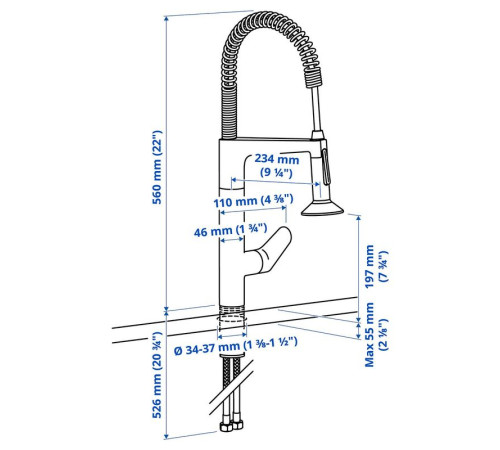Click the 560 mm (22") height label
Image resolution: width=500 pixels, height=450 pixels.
click(157, 167)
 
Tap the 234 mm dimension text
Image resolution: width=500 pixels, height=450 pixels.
click(277, 159)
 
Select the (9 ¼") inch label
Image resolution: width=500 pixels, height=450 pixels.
click(276, 173)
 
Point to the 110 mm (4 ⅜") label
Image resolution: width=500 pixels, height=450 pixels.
click(253, 201)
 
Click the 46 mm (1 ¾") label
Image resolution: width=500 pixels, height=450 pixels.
click(230, 230)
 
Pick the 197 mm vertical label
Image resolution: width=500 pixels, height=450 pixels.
click(369, 266)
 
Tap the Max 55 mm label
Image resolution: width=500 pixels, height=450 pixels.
click(369, 334)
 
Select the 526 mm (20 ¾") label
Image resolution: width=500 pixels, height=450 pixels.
click(157, 375)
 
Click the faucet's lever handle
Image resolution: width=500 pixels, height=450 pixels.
click(271, 252)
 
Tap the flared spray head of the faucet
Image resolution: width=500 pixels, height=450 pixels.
click(322, 208)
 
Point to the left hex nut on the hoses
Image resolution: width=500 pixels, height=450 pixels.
click(226, 426)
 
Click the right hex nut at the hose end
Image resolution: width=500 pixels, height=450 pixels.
click(237, 424)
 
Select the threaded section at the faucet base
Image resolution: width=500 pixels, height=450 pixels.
click(232, 309)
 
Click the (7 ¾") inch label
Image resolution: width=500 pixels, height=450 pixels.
click(384, 266)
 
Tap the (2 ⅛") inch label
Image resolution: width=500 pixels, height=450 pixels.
click(384, 334)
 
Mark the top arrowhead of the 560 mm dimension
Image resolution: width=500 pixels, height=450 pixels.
click(166, 18)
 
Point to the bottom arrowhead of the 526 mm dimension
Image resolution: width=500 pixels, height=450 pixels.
click(166, 437)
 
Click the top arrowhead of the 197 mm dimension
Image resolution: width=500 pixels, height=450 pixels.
click(359, 218)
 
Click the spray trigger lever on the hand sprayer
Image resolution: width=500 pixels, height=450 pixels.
click(326, 167)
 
